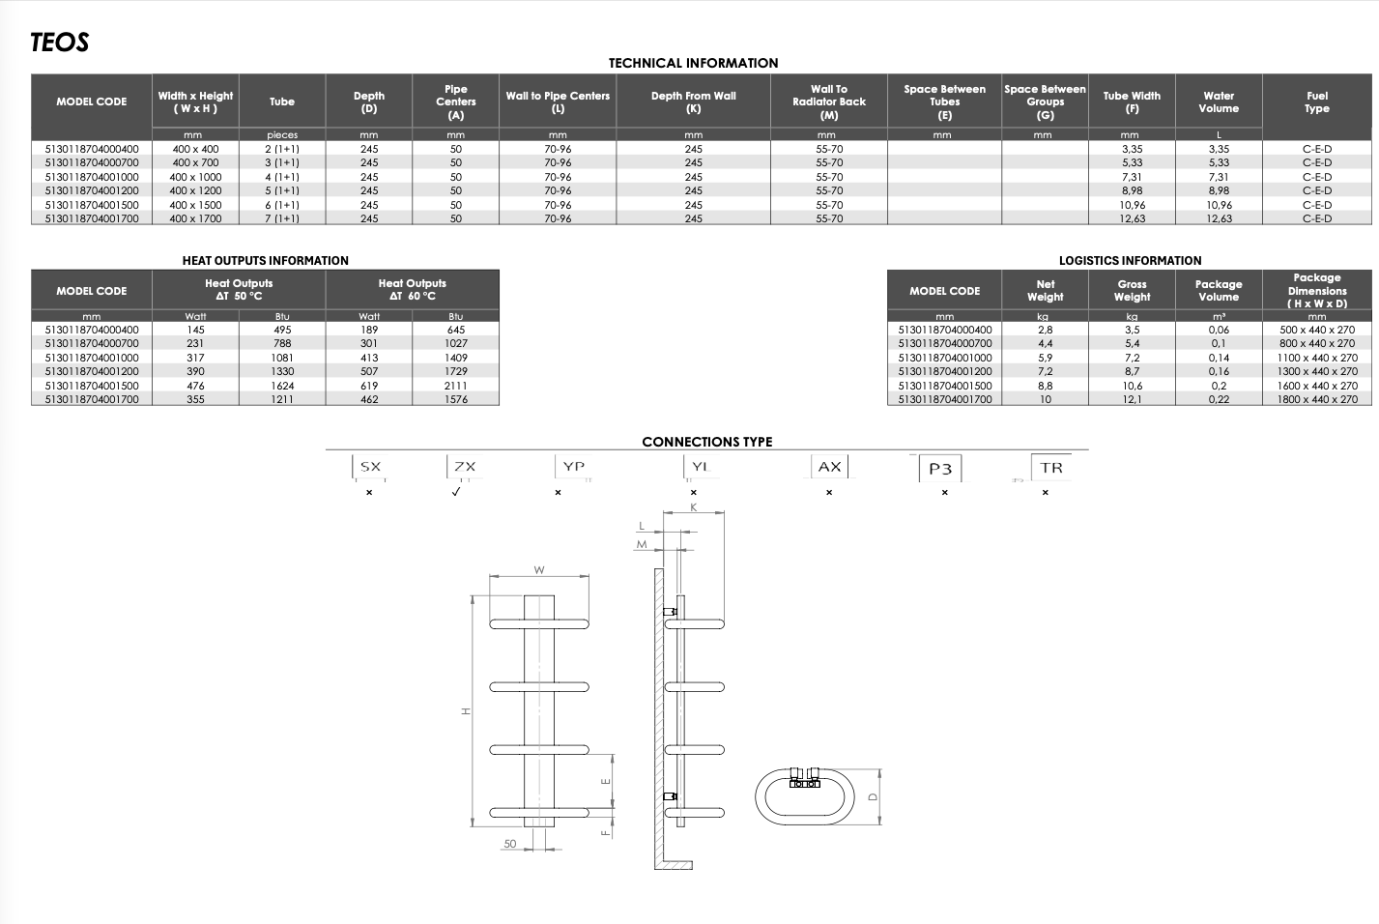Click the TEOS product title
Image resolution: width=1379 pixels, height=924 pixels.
[60, 43]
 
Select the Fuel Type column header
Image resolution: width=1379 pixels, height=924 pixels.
[1317, 102]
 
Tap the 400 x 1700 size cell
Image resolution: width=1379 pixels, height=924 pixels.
[195, 218]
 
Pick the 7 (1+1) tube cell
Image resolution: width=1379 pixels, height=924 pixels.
[282, 218]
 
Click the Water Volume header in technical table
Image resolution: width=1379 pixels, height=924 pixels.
[1219, 102]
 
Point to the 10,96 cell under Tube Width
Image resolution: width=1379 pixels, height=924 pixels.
[1133, 205]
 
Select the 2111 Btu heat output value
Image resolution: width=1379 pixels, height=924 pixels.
[455, 386]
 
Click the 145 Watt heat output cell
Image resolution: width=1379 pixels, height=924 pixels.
[195, 330]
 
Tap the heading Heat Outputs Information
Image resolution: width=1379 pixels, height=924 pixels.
[266, 260]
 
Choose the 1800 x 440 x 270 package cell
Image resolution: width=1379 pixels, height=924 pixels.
[1317, 399]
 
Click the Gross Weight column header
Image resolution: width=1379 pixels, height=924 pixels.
[1132, 291]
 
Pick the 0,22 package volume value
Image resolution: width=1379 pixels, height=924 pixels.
[1219, 399]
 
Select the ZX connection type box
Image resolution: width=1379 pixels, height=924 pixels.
[465, 467]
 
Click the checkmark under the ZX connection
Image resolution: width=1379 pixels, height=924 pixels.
[455, 492]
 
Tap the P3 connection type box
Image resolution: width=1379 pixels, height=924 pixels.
[940, 469]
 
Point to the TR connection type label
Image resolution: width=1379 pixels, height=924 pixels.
[1051, 468]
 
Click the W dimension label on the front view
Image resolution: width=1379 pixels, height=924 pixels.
[538, 570]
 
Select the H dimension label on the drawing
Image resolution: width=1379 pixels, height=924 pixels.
[466, 711]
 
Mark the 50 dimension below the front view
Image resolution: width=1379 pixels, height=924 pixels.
[509, 844]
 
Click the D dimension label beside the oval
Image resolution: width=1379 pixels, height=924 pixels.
[873, 797]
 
